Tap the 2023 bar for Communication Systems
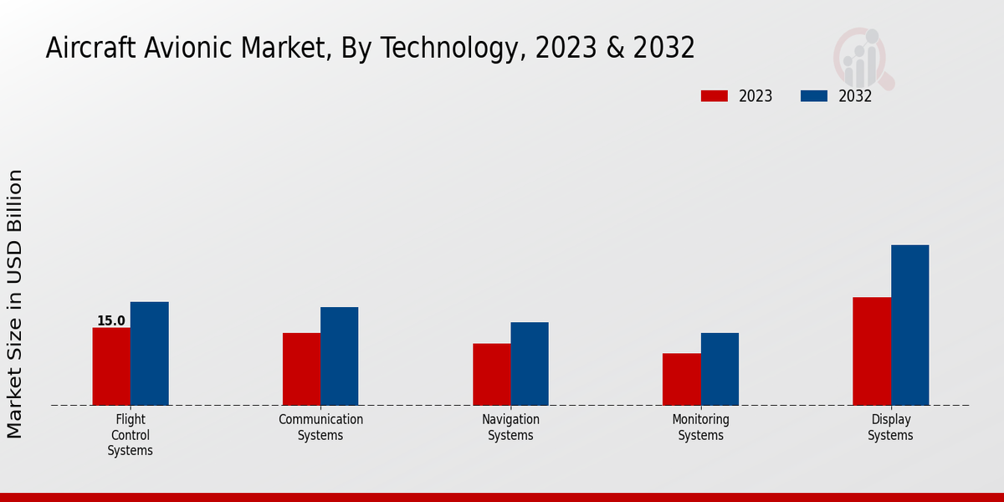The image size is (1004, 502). [301, 369]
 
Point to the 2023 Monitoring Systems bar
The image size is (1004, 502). [681, 379]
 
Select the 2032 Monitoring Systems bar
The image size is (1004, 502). [720, 369]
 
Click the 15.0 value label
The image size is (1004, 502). [110, 320]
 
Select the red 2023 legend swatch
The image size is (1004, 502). [715, 96]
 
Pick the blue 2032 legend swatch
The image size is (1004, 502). [814, 96]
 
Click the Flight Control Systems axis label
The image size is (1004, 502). [130, 435]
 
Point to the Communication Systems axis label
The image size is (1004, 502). [320, 428]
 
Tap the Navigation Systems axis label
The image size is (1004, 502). [510, 428]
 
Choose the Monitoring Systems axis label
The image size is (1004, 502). [700, 428]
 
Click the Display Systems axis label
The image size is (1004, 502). [890, 428]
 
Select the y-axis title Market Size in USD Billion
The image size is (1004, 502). [15, 304]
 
